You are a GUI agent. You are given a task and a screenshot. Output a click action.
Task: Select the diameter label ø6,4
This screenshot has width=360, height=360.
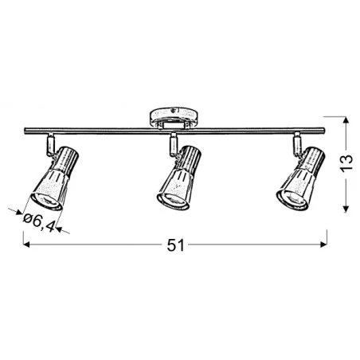coord(40,221)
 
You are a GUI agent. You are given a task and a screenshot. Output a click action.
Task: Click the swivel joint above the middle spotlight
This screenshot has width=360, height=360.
coord(172,144)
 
